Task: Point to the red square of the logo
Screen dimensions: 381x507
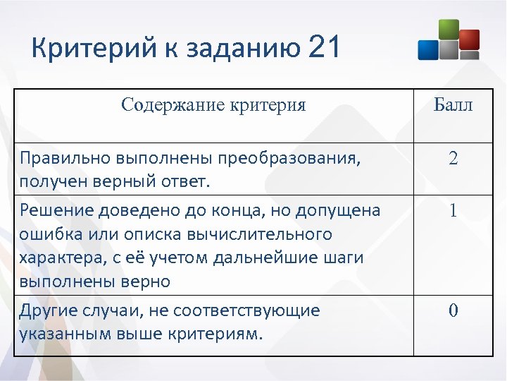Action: [469, 38]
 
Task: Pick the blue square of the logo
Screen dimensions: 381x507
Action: [428, 49]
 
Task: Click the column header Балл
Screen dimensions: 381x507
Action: [453, 106]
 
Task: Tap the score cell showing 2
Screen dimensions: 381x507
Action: [453, 159]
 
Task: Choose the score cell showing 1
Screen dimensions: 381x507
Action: [453, 210]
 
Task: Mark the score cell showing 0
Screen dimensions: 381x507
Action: [453, 310]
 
